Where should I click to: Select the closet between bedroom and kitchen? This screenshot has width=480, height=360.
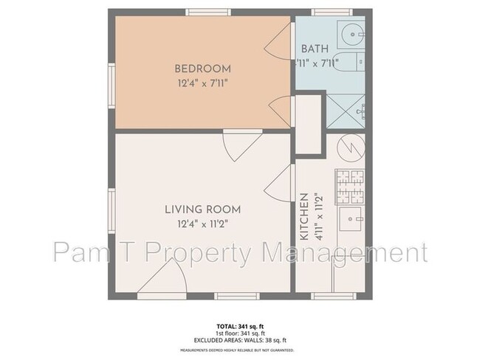point(309,123)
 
